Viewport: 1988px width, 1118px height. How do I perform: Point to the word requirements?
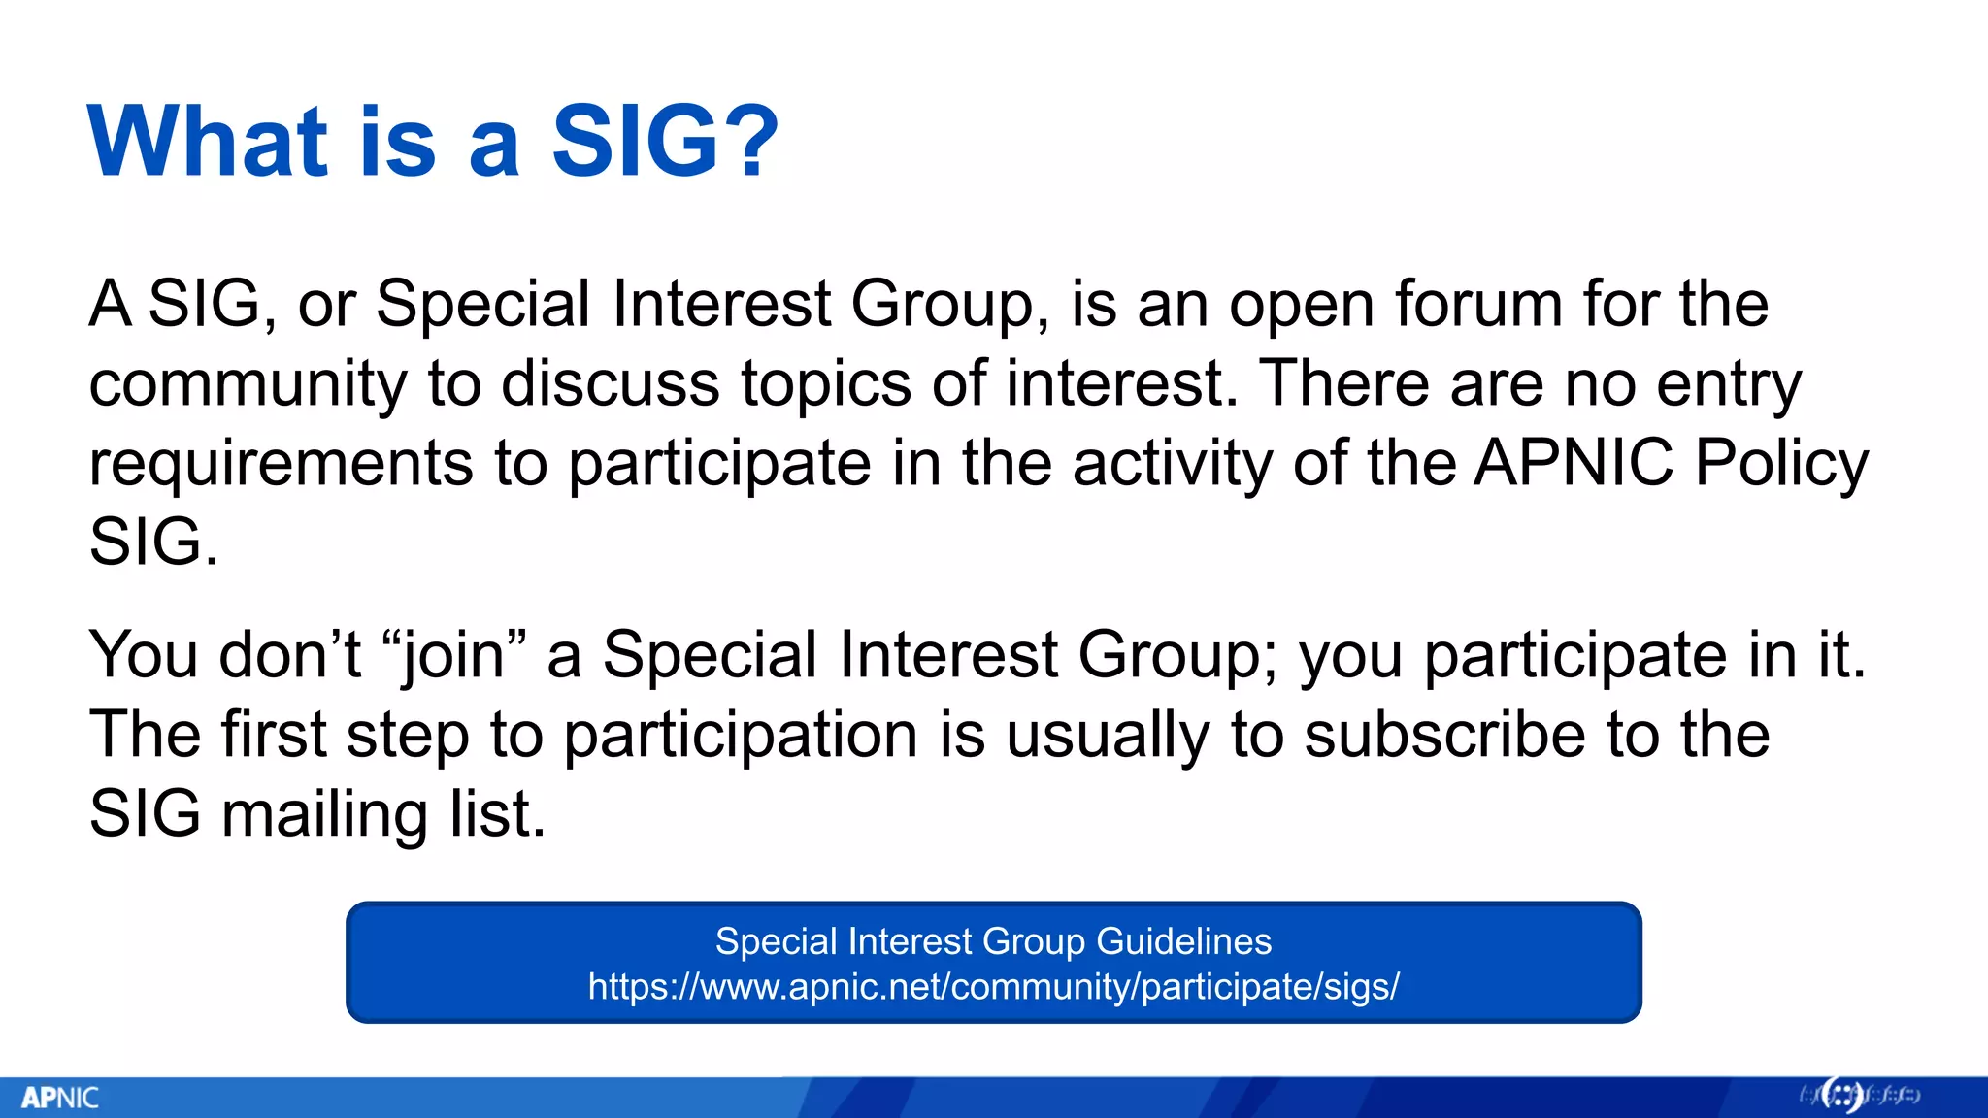point(281,463)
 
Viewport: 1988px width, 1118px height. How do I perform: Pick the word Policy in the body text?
point(1781,464)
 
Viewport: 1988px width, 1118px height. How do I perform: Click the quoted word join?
point(454,655)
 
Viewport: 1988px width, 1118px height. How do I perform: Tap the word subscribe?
point(1443,735)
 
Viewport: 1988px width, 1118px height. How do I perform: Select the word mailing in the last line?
point(324,814)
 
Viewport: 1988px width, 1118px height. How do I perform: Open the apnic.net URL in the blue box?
point(993,987)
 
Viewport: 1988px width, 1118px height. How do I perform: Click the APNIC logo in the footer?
point(60,1098)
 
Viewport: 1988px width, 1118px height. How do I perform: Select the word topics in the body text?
point(826,384)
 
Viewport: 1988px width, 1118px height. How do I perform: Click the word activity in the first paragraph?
point(1172,463)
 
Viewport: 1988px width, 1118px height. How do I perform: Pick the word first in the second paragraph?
point(274,735)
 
